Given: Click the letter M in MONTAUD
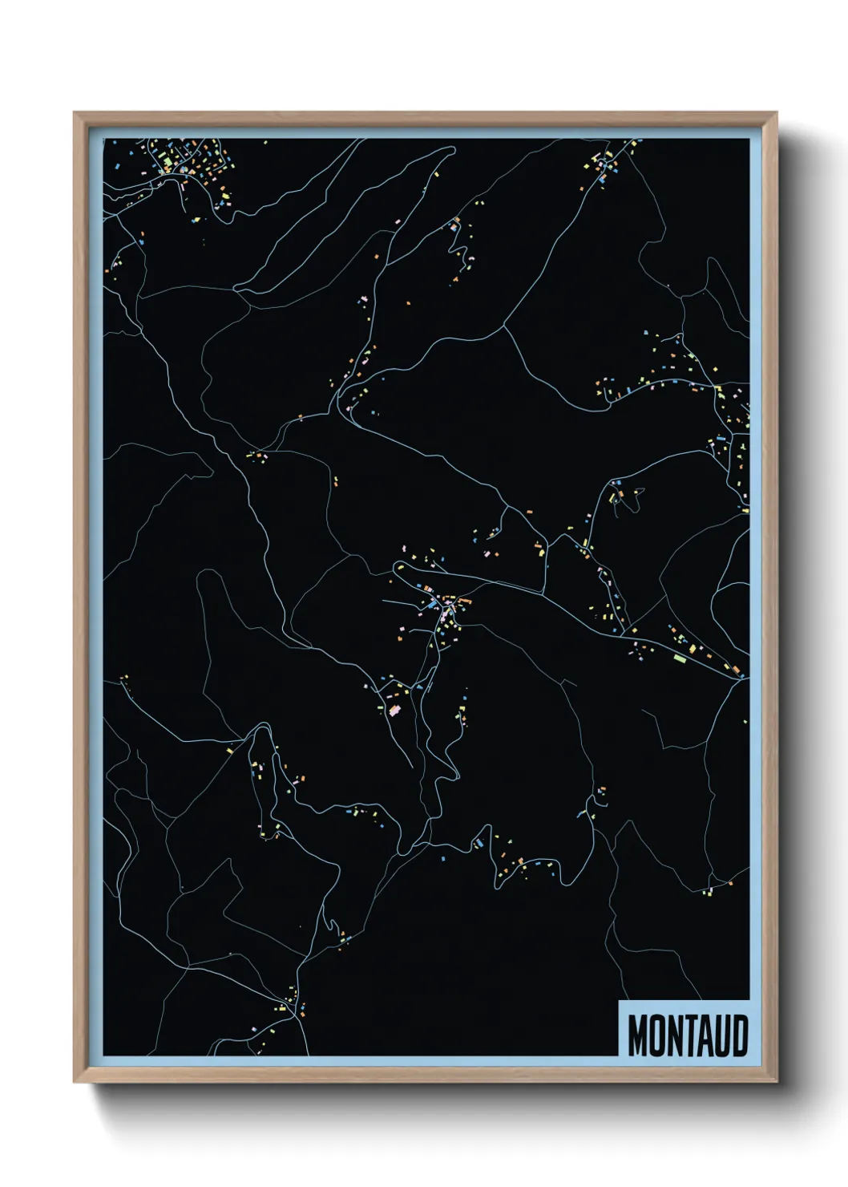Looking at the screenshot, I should (637, 1035).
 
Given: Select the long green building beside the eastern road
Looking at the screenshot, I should (680, 658).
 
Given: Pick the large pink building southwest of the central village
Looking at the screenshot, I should (394, 710).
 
